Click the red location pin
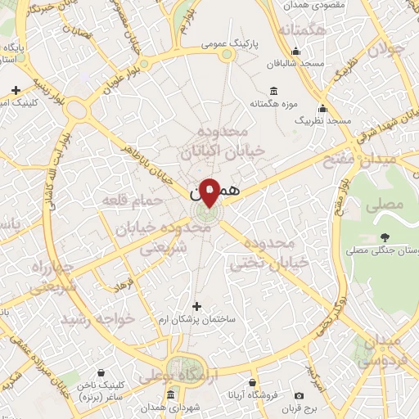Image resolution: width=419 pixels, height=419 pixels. coord(209,191)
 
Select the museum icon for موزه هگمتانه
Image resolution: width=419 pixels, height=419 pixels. coord(273,91)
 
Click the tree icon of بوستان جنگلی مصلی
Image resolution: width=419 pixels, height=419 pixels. coord(384,237)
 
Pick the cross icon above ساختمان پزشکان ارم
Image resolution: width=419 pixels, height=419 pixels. coord(196,306)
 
